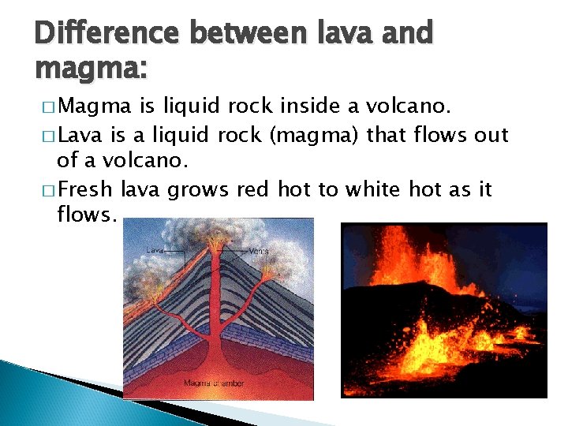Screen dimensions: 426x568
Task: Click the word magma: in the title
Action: tap(92, 70)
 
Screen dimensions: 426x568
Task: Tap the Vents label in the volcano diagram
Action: tap(258, 251)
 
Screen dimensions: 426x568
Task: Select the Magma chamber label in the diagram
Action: tap(214, 383)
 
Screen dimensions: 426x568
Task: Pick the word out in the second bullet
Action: tap(491, 135)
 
